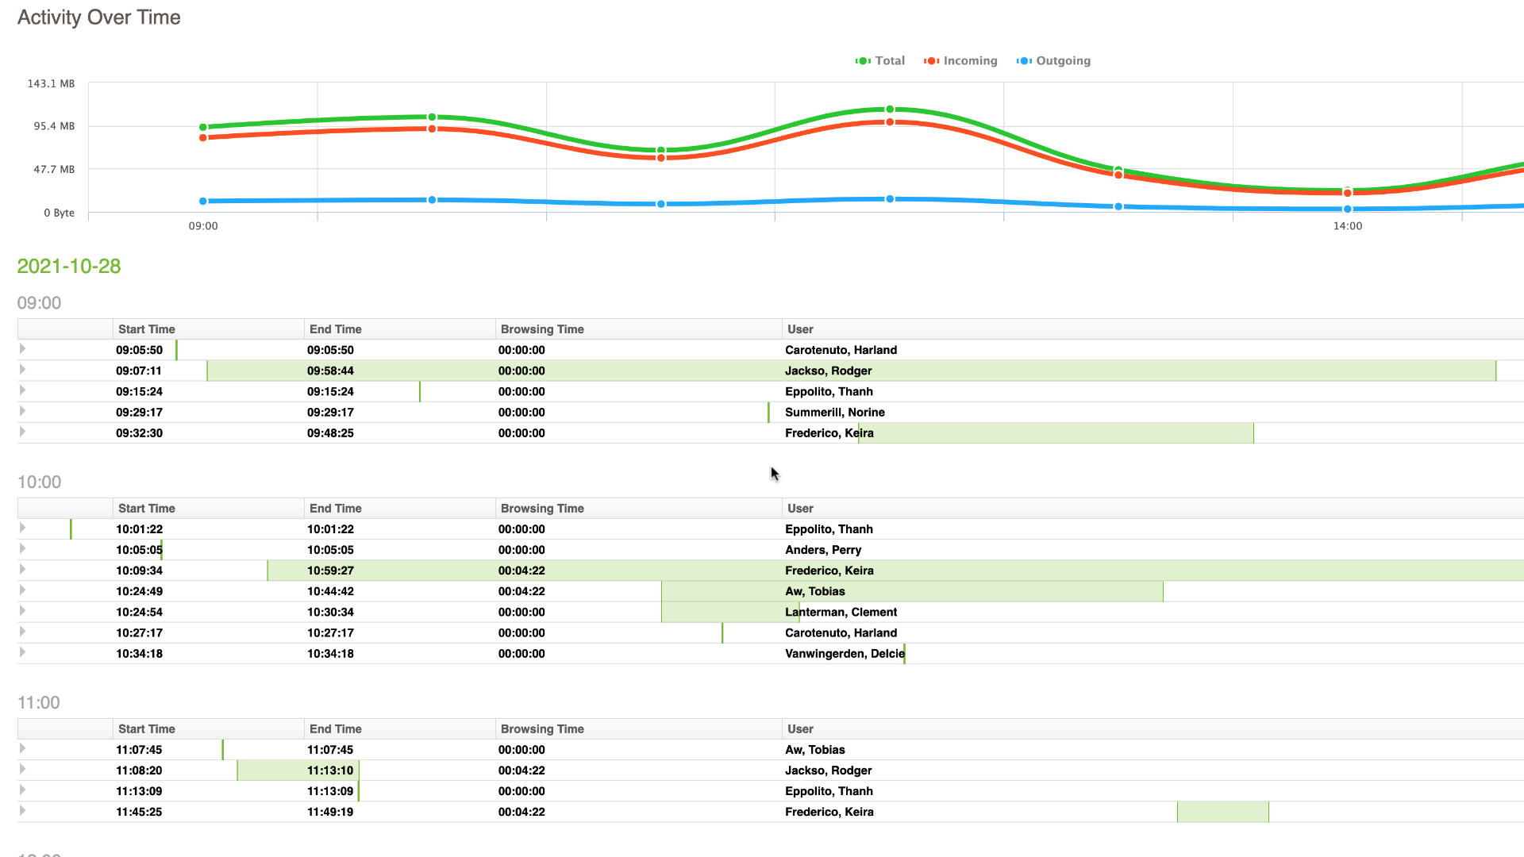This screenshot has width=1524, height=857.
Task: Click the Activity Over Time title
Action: click(98, 17)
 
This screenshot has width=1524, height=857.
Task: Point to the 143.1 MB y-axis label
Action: click(51, 83)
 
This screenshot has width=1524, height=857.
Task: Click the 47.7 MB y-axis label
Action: click(54, 169)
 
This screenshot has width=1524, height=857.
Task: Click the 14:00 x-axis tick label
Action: click(1347, 226)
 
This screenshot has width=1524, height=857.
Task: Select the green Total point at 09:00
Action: click(203, 127)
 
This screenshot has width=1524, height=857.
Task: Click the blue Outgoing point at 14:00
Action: click(1348, 209)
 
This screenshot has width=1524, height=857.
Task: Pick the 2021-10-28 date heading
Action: click(69, 266)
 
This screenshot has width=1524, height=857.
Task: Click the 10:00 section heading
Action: click(39, 482)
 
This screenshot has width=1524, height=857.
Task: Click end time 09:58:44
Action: click(330, 371)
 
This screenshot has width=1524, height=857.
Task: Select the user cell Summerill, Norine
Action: click(834, 412)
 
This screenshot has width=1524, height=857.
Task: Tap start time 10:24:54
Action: click(139, 612)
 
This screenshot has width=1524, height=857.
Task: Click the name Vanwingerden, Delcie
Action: click(845, 653)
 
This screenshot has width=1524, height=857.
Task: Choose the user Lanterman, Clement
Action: click(841, 612)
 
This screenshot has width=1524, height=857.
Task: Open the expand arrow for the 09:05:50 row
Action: click(22, 349)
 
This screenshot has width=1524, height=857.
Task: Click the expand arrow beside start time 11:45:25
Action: click(22, 811)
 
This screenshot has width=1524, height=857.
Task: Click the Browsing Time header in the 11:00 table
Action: click(542, 728)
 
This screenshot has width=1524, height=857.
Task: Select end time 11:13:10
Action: click(330, 771)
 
